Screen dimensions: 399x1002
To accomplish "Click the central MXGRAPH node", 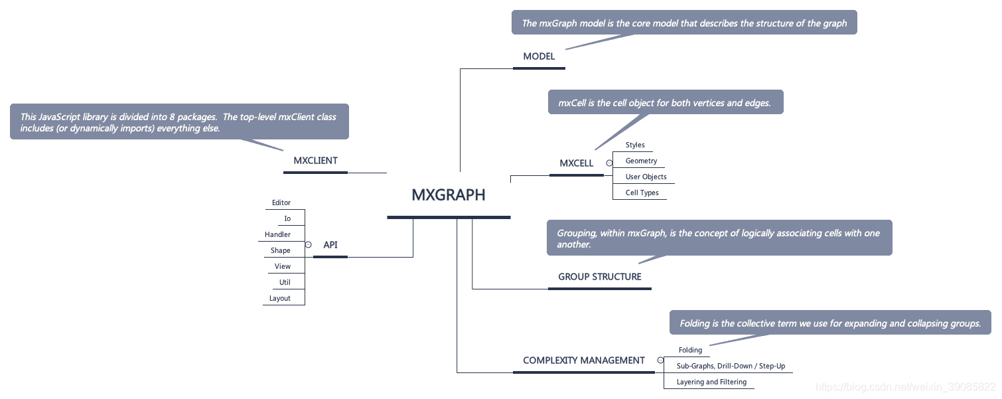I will (x=449, y=195).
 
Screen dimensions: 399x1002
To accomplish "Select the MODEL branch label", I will (x=539, y=56).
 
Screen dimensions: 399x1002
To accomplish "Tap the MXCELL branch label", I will (x=576, y=163).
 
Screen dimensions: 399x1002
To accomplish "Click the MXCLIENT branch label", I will (x=315, y=161).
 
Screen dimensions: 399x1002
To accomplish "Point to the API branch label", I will (x=330, y=245).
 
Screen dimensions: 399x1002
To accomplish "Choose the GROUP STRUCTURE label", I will (x=600, y=277).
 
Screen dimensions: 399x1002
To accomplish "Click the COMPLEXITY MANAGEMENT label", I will (x=584, y=360).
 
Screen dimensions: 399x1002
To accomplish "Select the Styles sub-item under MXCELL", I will (x=635, y=145).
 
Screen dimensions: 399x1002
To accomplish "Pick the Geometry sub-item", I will (x=641, y=161).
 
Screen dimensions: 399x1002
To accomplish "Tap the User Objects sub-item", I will (x=646, y=177).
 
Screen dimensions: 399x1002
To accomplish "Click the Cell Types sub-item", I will (x=642, y=193).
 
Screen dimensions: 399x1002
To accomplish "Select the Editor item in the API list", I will (x=281, y=202).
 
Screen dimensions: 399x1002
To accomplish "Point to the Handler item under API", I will (x=277, y=234).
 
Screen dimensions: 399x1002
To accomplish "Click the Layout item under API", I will (x=280, y=298).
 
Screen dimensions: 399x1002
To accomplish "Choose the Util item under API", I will (x=285, y=282).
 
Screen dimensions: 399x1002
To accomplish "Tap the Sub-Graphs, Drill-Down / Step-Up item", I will (x=731, y=366).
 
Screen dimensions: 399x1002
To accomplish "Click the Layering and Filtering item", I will (x=711, y=382).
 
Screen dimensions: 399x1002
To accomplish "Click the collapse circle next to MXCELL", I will (x=609, y=163).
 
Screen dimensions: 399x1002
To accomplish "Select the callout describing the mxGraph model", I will (x=684, y=23).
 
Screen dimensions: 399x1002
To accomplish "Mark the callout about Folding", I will (x=830, y=323).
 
